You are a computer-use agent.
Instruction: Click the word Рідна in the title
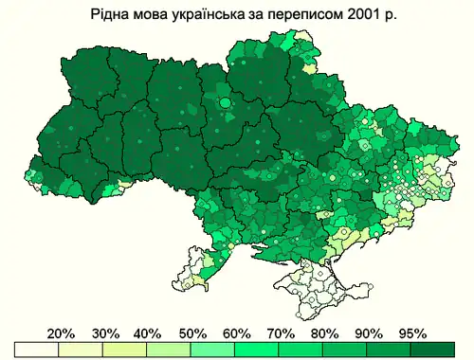point(110,16)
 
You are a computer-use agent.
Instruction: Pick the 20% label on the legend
point(61,333)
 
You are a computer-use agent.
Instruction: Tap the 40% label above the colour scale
point(148,333)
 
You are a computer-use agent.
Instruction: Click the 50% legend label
point(192,333)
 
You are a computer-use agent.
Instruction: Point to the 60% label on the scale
point(237,333)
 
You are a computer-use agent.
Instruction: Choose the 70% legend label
point(281,333)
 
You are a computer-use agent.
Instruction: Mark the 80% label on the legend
point(325,333)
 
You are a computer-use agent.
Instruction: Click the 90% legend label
point(370,333)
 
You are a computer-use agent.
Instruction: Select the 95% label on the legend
point(413,333)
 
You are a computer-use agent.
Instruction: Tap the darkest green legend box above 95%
point(435,350)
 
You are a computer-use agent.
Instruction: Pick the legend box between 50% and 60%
point(214,350)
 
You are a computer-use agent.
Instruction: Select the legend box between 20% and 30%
point(82,350)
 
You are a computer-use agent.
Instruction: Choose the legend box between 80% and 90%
point(347,350)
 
